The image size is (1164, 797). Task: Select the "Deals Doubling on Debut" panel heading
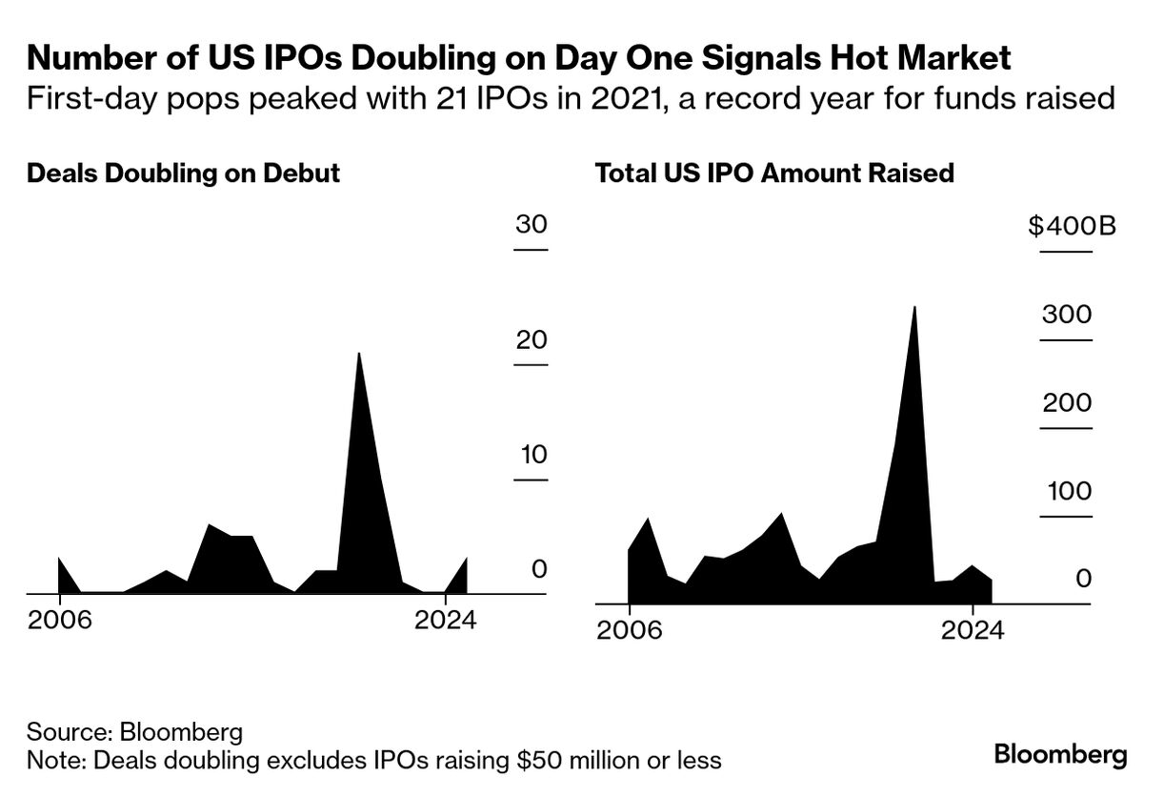[x=183, y=174]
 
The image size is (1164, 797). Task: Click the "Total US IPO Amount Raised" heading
[x=774, y=174]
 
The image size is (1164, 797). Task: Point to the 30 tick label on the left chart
[x=531, y=225]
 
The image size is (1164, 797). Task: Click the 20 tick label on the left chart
[x=531, y=340]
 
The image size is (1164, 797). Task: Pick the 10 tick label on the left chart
[x=531, y=455]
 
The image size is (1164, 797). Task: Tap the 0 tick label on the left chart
[x=539, y=569]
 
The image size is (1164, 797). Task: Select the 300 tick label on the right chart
[x=1066, y=315]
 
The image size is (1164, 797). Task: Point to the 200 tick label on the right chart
[x=1066, y=402]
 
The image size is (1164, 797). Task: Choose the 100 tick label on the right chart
[x=1066, y=491]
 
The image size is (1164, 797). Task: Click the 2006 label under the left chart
[x=59, y=621]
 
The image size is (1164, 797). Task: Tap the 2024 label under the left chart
[x=445, y=621]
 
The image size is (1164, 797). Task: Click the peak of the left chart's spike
[x=358, y=355]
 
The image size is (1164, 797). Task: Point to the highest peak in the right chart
[x=914, y=308]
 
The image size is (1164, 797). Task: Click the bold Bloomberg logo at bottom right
[x=1060, y=756]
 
